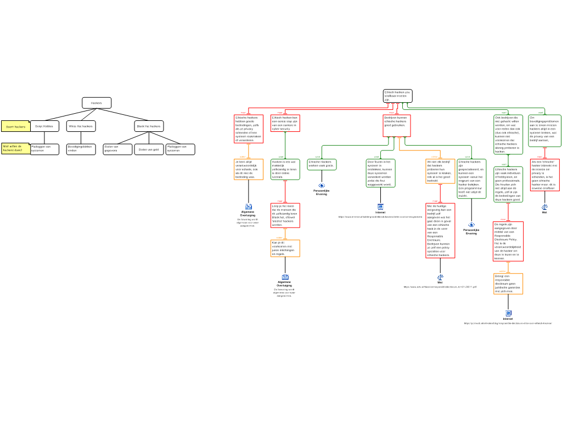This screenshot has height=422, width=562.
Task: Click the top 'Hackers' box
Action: (x=97, y=103)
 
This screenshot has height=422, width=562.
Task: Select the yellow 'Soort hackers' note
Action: (x=16, y=126)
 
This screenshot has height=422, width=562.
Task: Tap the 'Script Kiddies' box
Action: (x=44, y=126)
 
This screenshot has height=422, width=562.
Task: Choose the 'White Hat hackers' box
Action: (x=81, y=126)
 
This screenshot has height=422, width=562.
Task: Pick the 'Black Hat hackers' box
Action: (x=149, y=126)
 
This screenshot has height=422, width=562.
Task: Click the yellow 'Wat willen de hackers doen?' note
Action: (x=16, y=149)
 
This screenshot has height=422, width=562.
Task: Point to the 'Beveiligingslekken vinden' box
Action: (x=81, y=149)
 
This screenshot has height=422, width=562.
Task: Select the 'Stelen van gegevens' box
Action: (x=117, y=149)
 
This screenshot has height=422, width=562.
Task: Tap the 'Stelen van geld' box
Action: (x=149, y=149)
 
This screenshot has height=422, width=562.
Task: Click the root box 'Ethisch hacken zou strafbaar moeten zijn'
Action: (x=397, y=96)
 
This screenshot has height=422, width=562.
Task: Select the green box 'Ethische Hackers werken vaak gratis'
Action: (x=322, y=164)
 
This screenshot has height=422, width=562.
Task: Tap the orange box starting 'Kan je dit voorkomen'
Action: (x=285, y=248)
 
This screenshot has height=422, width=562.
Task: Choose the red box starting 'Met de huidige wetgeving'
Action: (x=440, y=231)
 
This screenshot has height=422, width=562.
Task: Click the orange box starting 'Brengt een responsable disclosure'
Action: (x=508, y=284)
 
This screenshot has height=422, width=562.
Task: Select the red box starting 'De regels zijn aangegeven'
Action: (x=508, y=241)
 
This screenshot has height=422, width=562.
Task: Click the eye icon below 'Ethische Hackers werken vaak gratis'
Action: (x=322, y=186)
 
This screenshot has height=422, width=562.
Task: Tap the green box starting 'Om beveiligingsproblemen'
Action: (x=544, y=131)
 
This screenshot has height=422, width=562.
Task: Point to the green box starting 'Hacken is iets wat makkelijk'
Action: (x=285, y=170)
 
